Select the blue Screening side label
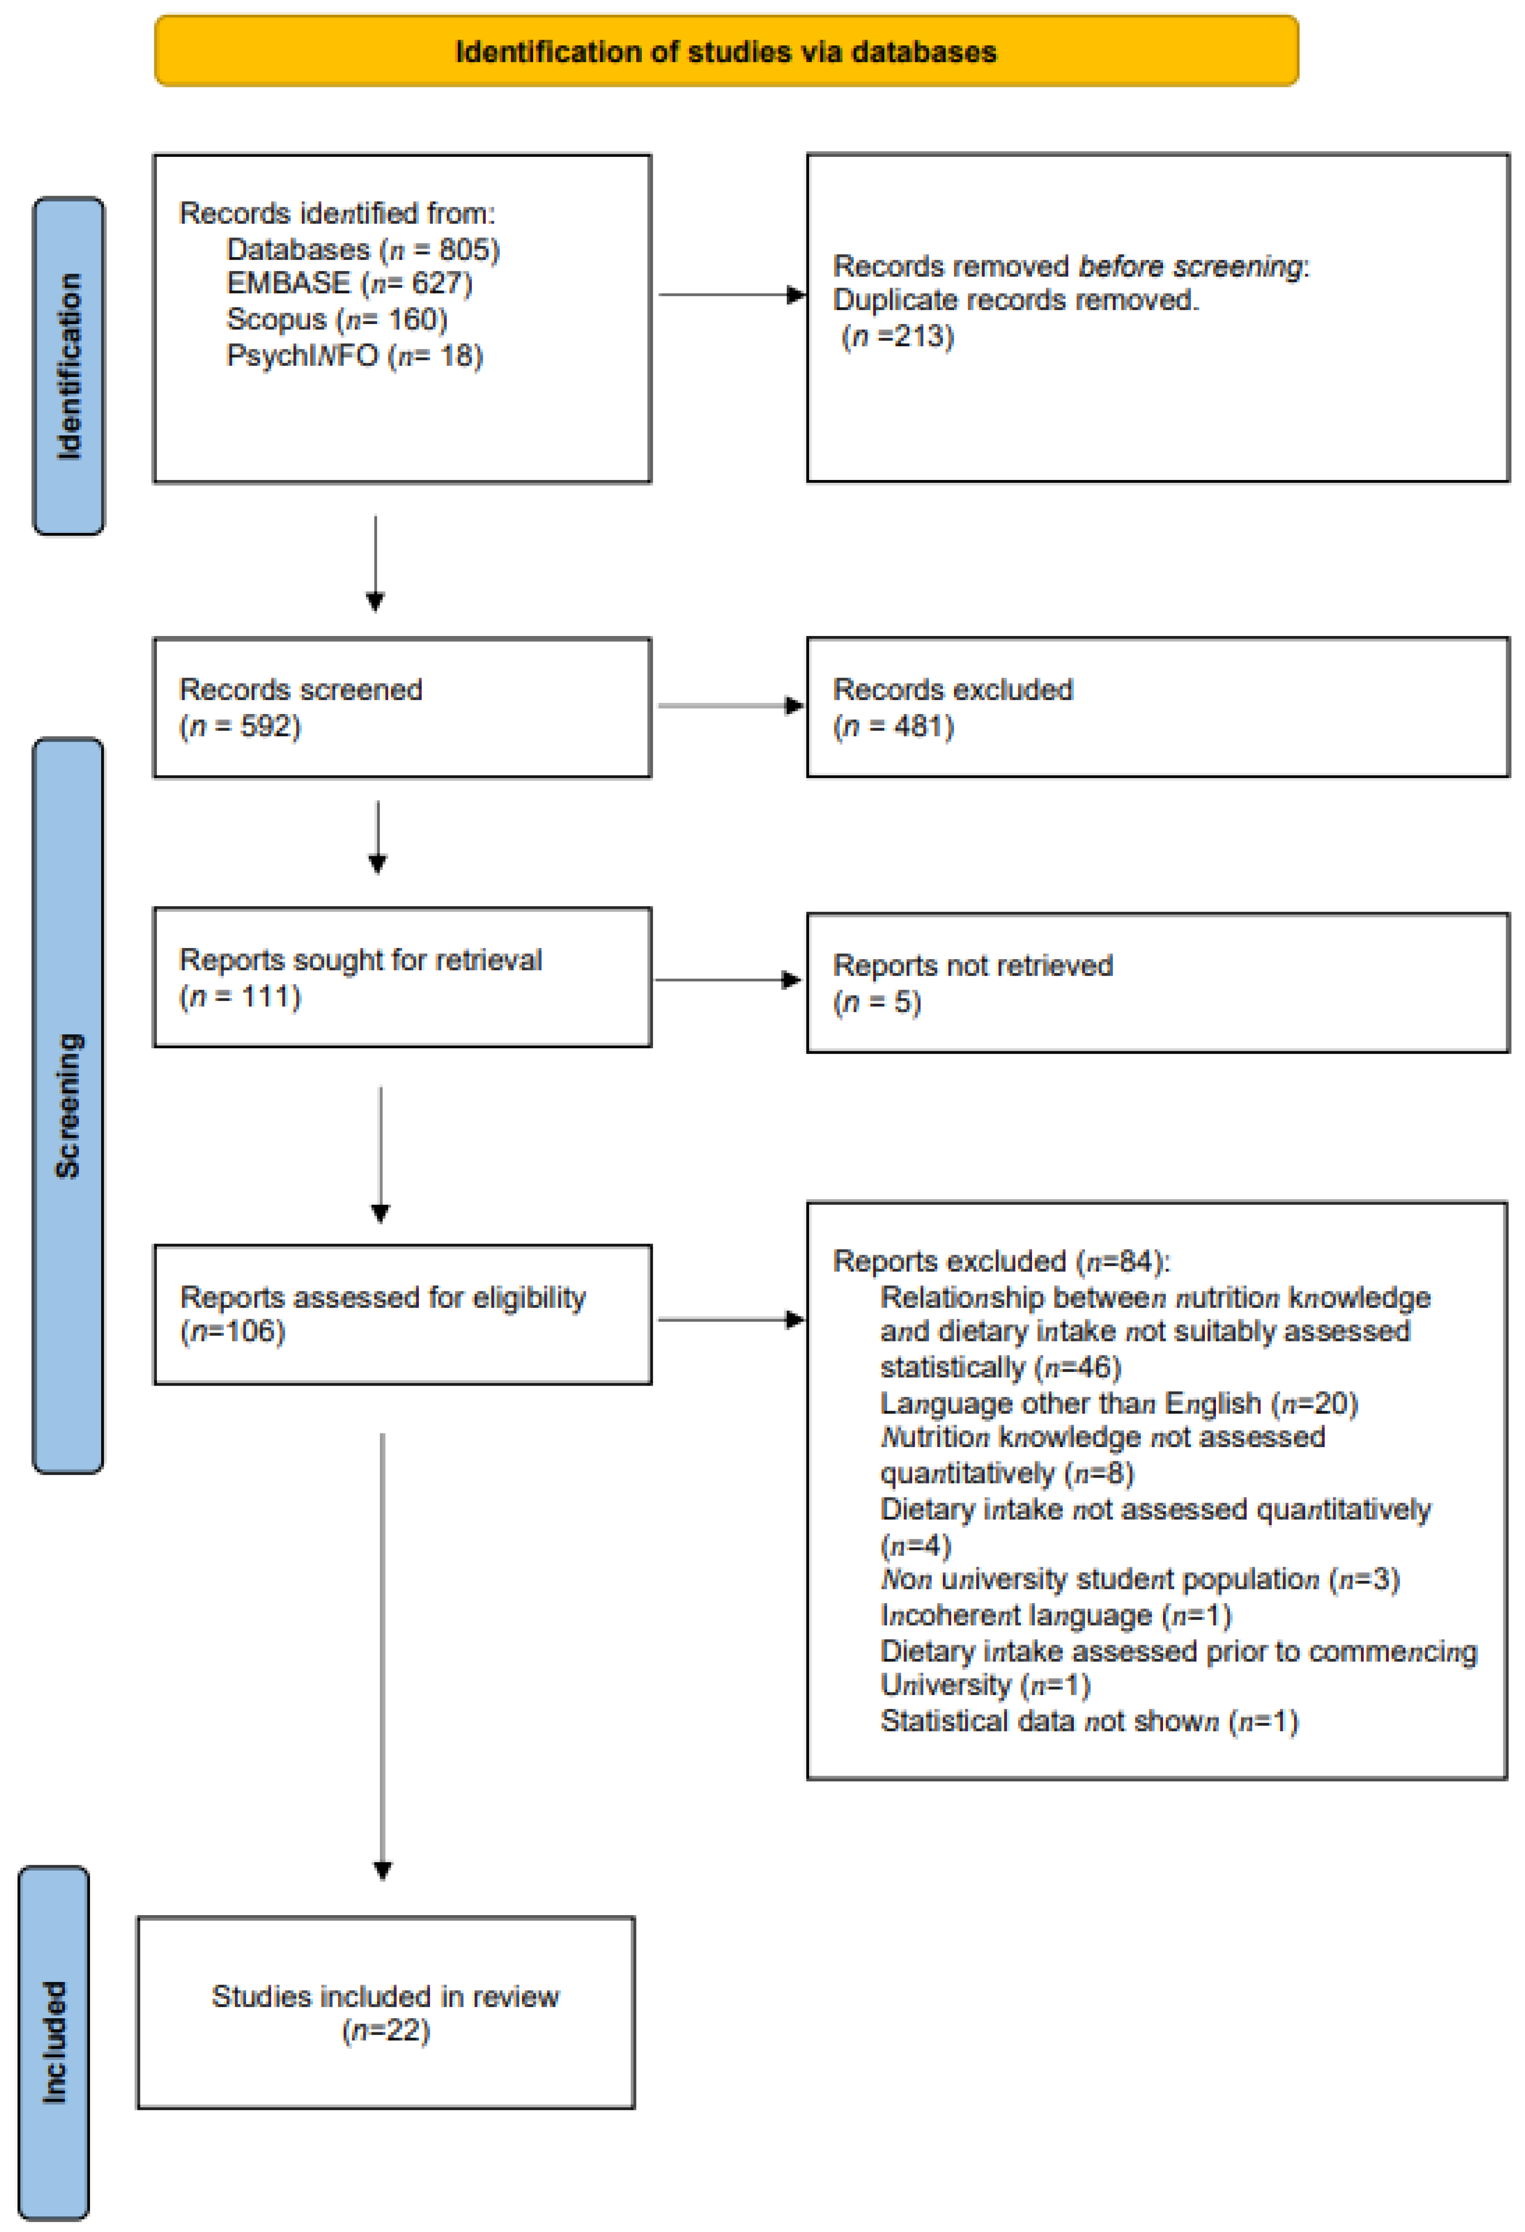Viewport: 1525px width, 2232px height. point(68,1105)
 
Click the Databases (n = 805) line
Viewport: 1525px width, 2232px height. point(362,250)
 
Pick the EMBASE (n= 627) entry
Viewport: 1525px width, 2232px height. point(349,283)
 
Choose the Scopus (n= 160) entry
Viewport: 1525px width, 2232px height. point(336,319)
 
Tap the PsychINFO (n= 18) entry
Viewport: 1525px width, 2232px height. point(354,355)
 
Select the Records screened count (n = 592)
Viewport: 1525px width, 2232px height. point(240,726)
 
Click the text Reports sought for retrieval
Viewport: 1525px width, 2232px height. point(360,960)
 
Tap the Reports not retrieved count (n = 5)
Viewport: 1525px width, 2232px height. point(877,1002)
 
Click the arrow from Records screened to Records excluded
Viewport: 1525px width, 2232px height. point(730,706)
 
